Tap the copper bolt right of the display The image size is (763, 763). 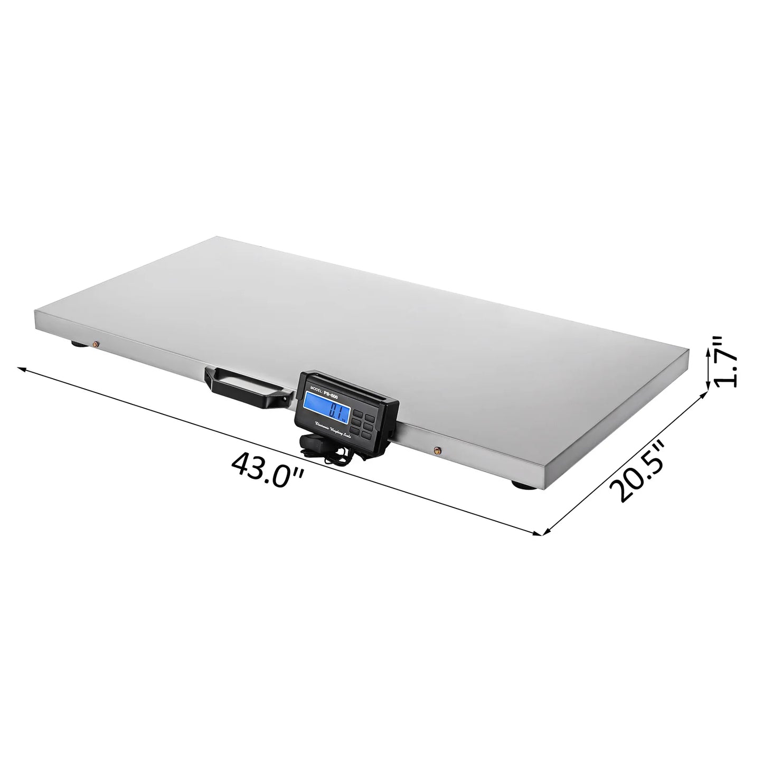(437, 450)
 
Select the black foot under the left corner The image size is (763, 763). (78, 346)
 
